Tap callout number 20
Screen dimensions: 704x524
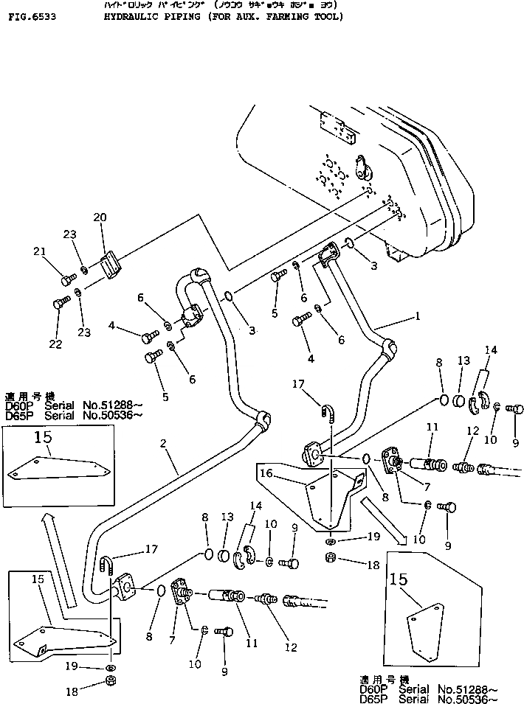100,217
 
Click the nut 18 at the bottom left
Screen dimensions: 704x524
109,683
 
